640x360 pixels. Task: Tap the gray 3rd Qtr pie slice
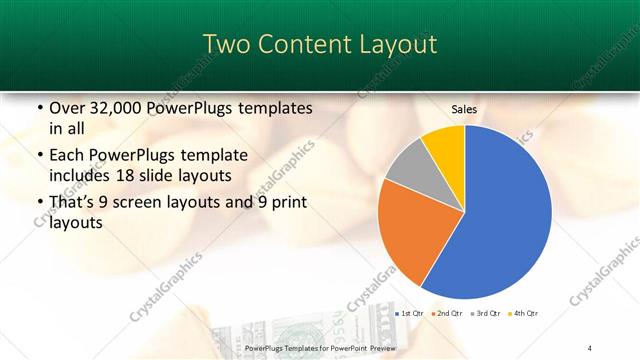(x=405, y=167)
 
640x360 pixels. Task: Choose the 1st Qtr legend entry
(x=411, y=313)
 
